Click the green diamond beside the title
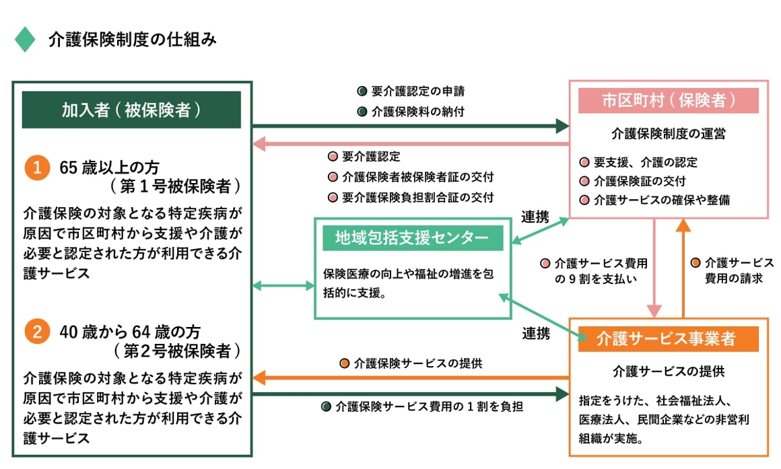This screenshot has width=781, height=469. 25,40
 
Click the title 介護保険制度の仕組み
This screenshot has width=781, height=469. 132,40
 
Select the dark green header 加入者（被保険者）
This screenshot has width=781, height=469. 131,110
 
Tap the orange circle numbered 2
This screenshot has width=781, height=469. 37,332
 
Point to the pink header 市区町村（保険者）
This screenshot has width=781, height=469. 669,100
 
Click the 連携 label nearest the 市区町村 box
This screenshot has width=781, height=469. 535,217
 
